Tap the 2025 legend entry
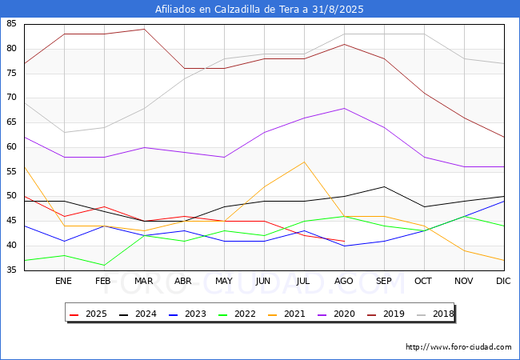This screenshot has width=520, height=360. pos(89,314)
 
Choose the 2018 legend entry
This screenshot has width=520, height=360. pos(435,314)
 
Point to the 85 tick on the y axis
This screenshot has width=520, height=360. pos(11,23)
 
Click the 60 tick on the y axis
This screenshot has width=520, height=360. pos(11,146)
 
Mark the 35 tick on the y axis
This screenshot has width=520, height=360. pos(11,270)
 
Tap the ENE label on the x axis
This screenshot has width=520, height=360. pos(63,281)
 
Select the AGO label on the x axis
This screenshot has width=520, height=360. pos(343,281)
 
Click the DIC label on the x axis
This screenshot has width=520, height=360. pos(503,281)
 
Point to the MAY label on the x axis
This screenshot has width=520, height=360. pos(224,281)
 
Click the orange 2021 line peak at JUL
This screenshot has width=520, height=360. pos(304,162)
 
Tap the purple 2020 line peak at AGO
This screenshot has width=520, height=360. pos(344,108)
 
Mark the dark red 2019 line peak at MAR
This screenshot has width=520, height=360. pos(144,29)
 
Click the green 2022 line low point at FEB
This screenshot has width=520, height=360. pos(104,265)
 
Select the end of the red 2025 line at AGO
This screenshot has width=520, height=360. pos(344,241)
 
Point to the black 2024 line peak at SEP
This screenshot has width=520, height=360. pos(384,186)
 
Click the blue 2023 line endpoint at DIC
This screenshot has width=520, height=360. pos(504,202)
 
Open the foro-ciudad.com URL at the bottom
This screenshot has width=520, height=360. pos(458,347)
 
